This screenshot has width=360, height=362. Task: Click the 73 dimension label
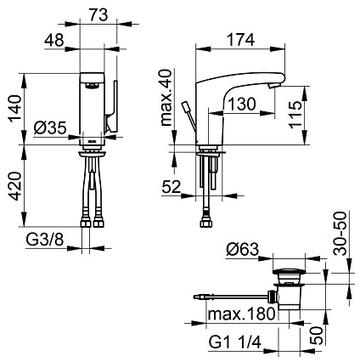click(x=98, y=14)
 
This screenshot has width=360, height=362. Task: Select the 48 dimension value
click(x=53, y=40)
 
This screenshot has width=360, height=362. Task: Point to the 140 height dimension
click(x=15, y=109)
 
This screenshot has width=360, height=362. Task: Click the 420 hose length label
click(x=15, y=186)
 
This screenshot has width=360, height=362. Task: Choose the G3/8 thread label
click(x=45, y=240)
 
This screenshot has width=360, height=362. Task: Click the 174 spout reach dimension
click(x=241, y=40)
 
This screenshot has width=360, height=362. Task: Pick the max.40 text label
click(x=166, y=98)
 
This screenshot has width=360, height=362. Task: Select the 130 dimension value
click(x=242, y=104)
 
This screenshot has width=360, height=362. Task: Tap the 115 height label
click(x=295, y=114)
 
